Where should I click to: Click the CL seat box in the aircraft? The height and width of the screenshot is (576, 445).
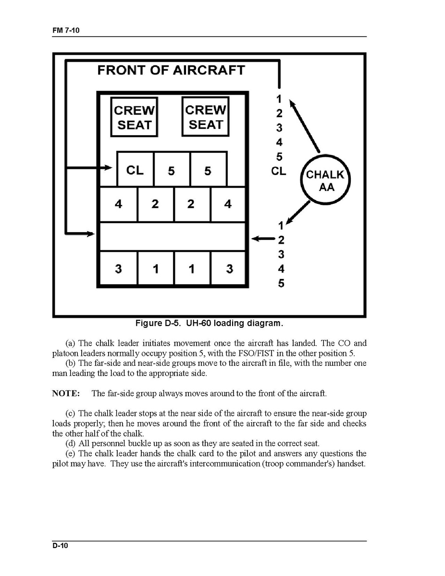pos(135,170)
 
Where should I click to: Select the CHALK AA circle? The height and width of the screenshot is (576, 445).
pos(325,180)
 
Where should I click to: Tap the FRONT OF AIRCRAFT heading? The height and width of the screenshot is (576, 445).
pos(171,70)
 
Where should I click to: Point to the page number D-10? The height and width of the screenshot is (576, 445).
pos(61,546)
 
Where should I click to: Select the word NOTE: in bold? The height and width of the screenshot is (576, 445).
pos(66,393)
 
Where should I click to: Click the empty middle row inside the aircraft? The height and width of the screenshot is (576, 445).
pos(173,236)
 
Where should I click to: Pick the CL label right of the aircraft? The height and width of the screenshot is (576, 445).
pos(279,171)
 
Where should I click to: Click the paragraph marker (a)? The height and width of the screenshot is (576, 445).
pos(71,343)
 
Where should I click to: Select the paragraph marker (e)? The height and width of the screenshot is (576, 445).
pos(71,453)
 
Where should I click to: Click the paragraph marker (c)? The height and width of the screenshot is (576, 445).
pos(71,413)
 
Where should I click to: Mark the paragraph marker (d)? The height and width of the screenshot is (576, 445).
pos(71,443)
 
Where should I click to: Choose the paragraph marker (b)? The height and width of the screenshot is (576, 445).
pos(71,363)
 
